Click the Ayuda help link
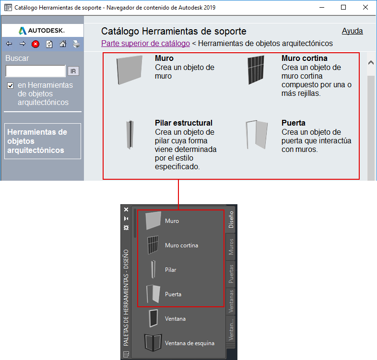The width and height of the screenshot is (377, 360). click(352, 31)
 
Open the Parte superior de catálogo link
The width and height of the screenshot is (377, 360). click(145, 43)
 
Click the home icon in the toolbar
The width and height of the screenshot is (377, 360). click(63, 44)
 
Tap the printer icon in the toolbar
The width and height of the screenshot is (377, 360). click(76, 44)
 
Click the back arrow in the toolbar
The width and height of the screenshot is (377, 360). click(9, 44)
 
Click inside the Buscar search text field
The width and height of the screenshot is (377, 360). click(35, 71)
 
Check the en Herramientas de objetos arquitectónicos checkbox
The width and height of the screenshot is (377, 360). click(11, 85)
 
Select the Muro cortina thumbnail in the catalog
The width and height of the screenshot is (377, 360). click(256, 70)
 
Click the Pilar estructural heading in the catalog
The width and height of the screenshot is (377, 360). click(183, 123)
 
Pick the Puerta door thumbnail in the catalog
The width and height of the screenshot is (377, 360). click(257, 135)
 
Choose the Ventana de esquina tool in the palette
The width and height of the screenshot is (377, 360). click(179, 343)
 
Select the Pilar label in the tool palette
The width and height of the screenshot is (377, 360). click(170, 270)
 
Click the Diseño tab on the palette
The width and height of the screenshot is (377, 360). click(231, 220)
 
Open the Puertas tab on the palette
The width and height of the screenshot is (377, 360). click(231, 274)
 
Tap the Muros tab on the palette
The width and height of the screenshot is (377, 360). click(231, 246)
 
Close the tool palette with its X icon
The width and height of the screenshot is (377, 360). click(126, 209)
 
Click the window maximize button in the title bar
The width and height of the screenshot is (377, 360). click(343, 7)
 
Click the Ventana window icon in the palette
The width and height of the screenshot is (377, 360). click(153, 318)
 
